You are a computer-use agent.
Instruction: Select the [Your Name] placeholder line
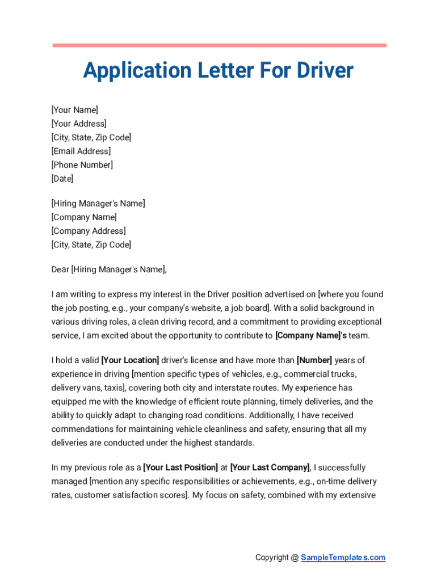pos(74,110)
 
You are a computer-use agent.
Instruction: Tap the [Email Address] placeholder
pos(81,151)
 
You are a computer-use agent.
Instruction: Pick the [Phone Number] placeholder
pos(82,165)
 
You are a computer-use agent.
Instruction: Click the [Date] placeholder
pos(62,179)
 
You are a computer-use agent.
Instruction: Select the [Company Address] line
pos(89,231)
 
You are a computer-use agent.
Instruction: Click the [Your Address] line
pos(78,124)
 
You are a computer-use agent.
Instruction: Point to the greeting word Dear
pos(60,270)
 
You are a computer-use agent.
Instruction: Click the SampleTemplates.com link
pos(343,557)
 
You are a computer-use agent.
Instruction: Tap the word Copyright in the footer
pos(272,557)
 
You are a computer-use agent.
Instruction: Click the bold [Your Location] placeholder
pos(130,360)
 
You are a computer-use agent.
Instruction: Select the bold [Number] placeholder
pos(314,360)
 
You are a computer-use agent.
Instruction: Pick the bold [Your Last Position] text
pos(180,468)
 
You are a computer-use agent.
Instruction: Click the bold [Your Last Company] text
pos(270,468)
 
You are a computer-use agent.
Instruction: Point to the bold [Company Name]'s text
pos(311,335)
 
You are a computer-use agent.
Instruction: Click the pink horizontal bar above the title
pos(219,45)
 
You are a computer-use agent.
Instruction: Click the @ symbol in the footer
pos(295,557)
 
